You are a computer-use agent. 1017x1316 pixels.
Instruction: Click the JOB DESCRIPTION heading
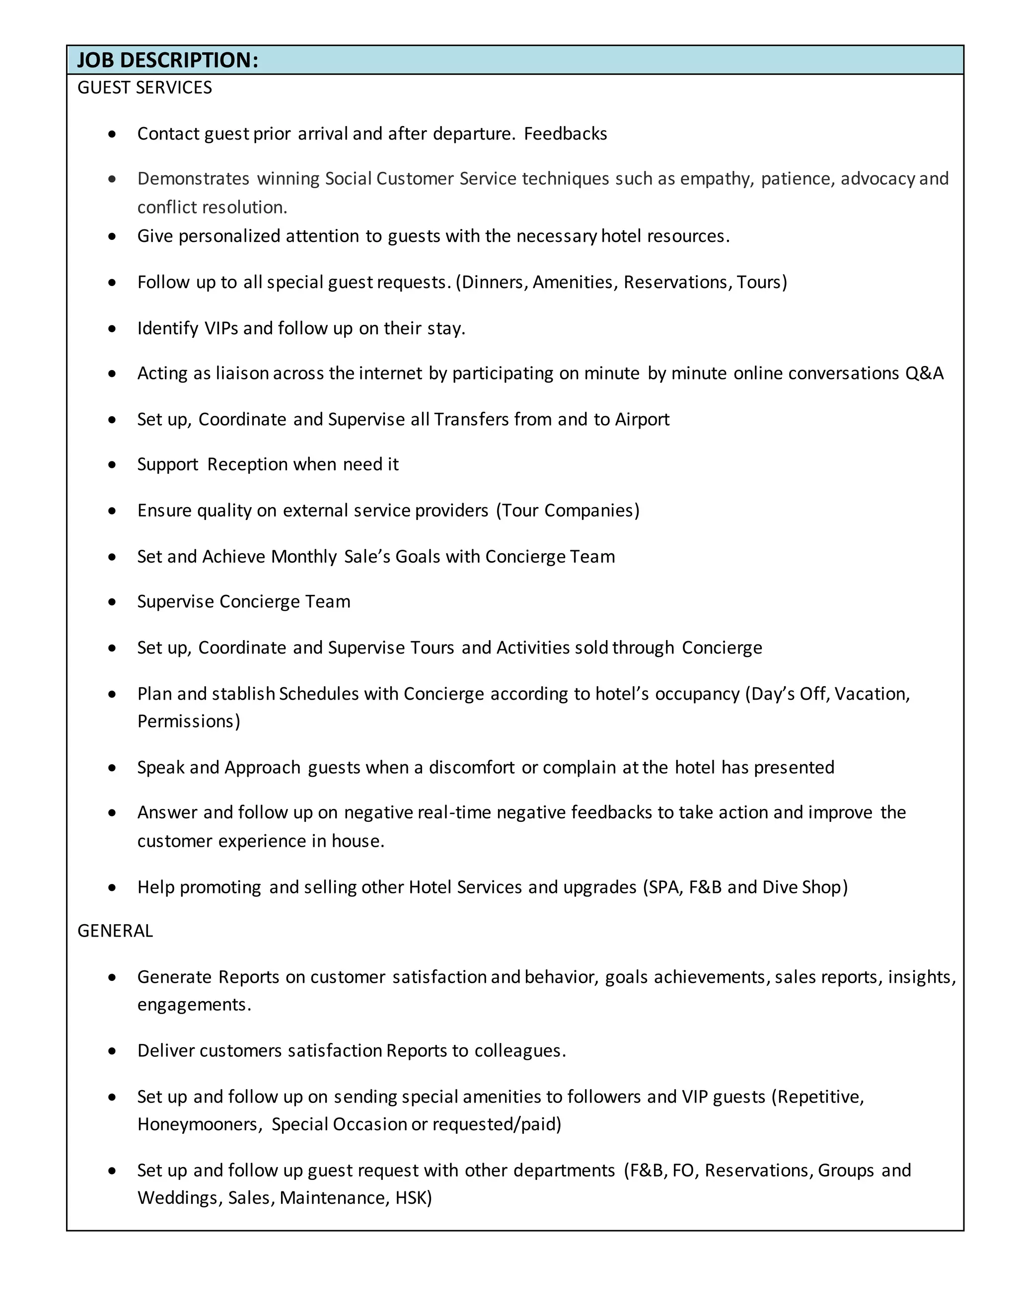pos(167,60)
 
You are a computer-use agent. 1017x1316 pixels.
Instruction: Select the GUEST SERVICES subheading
pos(145,88)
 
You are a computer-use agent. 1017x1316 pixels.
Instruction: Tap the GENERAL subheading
pos(115,931)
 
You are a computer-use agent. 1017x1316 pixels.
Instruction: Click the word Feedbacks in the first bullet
pos(565,134)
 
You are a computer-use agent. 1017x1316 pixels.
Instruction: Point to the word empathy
pos(716,179)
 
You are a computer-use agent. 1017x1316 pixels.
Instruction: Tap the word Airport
pos(642,420)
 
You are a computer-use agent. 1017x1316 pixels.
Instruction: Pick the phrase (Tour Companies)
pos(568,511)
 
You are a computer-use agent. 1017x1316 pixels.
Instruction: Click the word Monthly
pos(303,557)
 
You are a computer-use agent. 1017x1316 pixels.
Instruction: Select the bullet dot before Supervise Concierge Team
pos(112,602)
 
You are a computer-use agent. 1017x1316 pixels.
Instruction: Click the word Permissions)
pos(189,721)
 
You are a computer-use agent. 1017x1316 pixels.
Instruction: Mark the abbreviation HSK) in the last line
pos(413,1198)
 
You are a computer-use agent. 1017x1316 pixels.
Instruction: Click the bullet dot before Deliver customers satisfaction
pos(112,1051)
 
